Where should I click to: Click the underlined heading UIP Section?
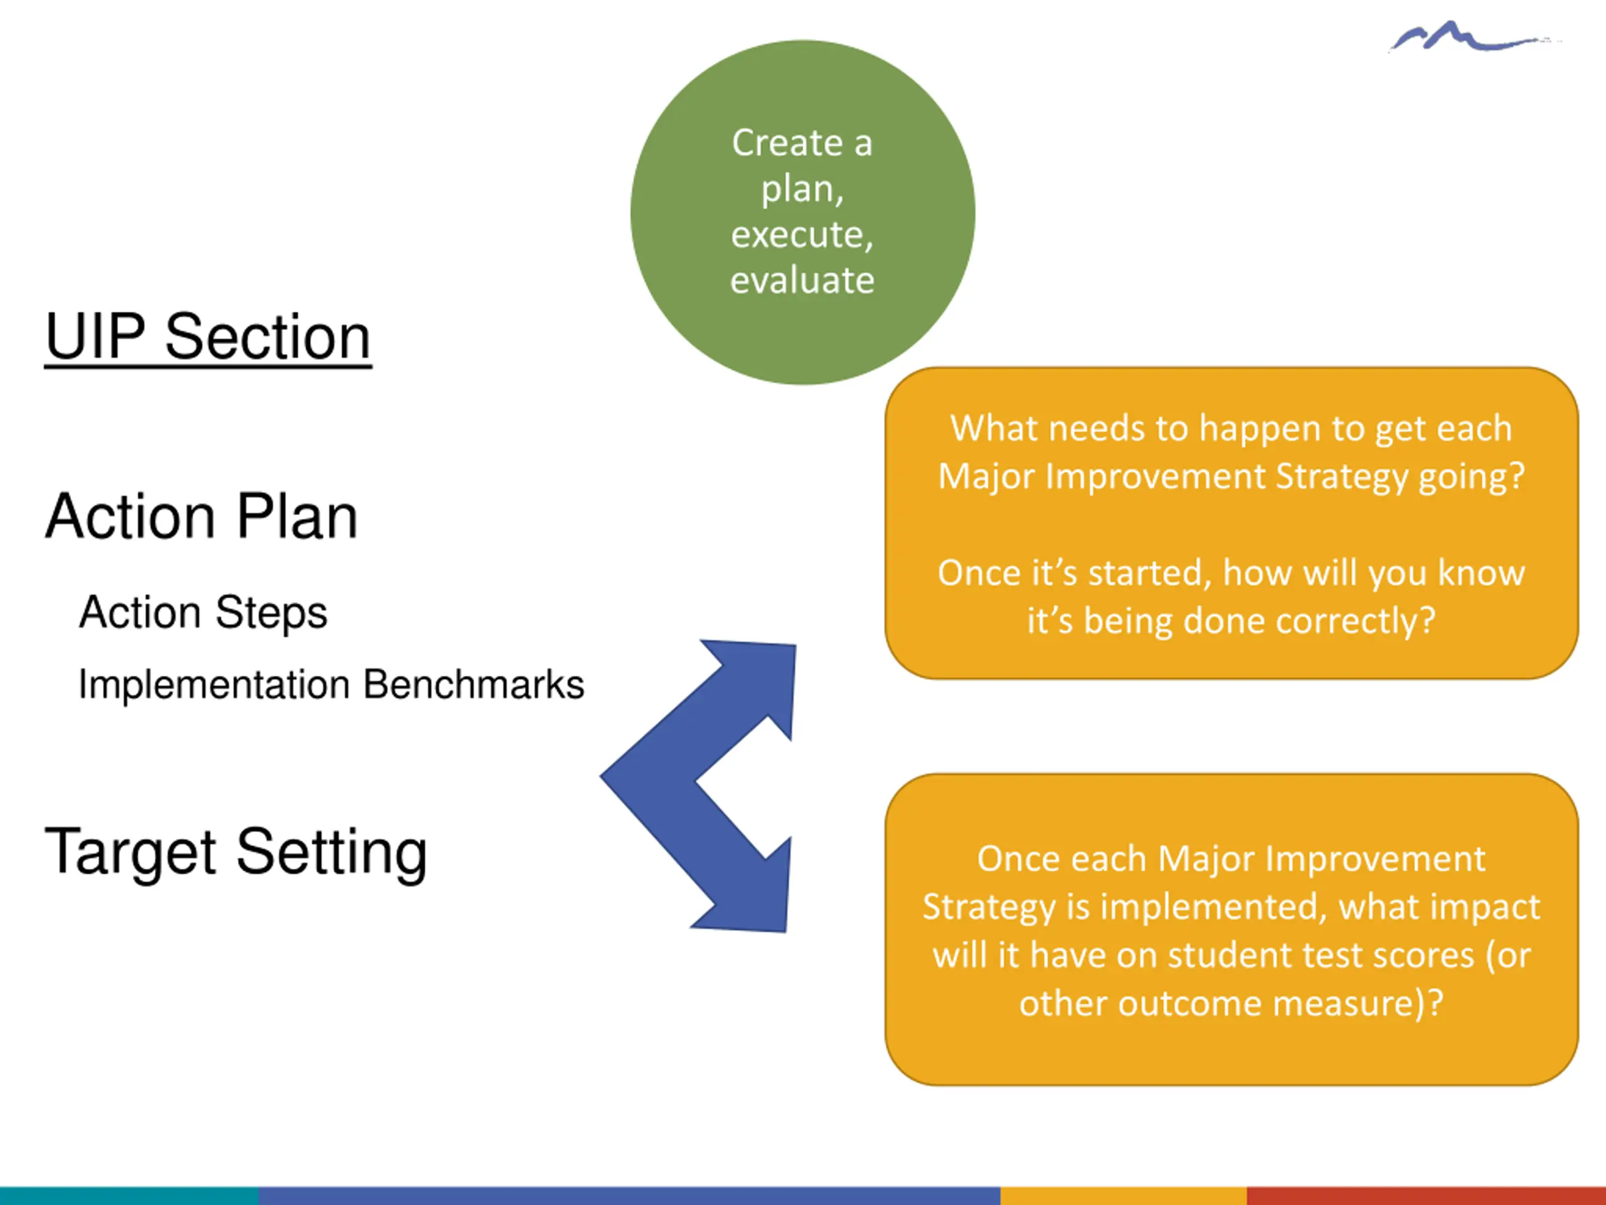click(208, 336)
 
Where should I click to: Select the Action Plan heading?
click(201, 517)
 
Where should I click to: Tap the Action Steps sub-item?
click(203, 613)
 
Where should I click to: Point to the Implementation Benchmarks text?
click(331, 684)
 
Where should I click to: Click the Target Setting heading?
click(236, 852)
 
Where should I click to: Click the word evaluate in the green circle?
click(802, 281)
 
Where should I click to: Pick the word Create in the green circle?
click(786, 142)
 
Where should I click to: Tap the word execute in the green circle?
click(801, 235)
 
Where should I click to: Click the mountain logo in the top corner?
click(1467, 37)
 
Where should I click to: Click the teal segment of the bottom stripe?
click(129, 1196)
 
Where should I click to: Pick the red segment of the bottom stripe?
click(1426, 1196)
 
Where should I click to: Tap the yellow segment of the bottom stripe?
click(1123, 1196)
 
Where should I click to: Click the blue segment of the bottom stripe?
click(629, 1196)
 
